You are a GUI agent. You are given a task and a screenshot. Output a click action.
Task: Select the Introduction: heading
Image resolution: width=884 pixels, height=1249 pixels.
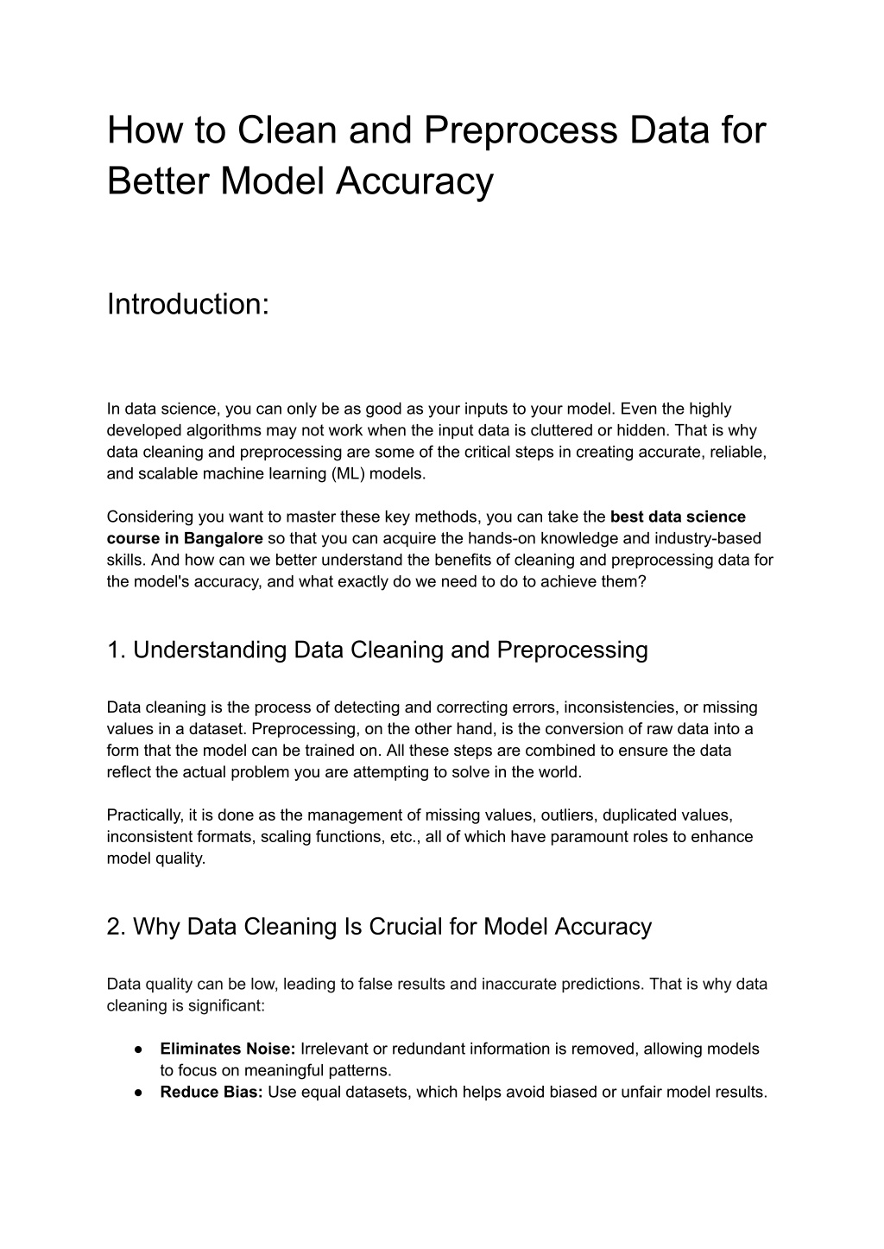coord(188,304)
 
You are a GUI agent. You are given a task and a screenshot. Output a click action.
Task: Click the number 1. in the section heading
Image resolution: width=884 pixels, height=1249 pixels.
coord(117,650)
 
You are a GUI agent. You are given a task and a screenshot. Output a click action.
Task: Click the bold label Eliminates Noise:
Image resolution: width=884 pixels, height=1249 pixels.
coord(228,1049)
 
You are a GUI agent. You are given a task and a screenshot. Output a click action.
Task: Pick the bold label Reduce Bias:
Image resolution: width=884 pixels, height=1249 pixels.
coord(212,1092)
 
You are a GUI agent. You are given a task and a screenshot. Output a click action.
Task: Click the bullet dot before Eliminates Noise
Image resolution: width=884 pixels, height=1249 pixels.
coord(138,1049)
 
